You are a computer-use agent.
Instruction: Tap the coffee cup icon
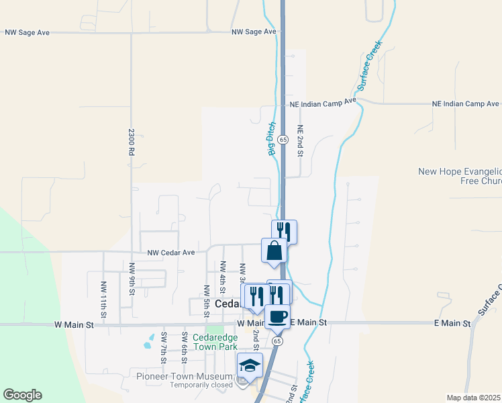[x=277, y=316]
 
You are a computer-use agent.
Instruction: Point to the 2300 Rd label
[x=132, y=142]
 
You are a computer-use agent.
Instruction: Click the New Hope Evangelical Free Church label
[x=459, y=176]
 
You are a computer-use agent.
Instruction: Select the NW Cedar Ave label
[x=171, y=253]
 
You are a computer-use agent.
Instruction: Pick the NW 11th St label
[x=103, y=297]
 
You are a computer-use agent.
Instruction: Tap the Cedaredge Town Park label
[x=215, y=342]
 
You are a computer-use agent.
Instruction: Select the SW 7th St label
[x=163, y=347]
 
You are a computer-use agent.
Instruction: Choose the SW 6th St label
[x=184, y=347]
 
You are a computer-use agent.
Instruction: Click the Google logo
[x=22, y=395]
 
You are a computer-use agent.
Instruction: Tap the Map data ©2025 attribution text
[x=474, y=398]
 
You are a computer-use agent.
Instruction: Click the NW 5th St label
[x=207, y=298]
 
